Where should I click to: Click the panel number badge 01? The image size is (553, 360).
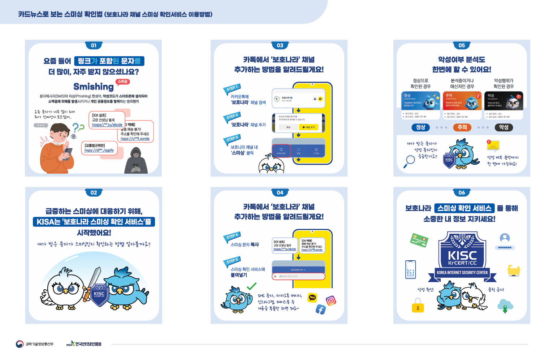pyautogui.click(x=94, y=45)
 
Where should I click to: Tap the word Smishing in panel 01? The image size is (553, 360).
pyautogui.click(x=93, y=87)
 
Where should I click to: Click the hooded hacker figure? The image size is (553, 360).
pyautogui.click(x=136, y=161)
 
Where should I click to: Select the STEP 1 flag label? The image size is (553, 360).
pyautogui.click(x=232, y=88)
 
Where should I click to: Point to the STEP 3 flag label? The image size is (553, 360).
pyautogui.click(x=232, y=139)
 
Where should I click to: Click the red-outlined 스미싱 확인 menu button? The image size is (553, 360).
pyautogui.click(x=281, y=151)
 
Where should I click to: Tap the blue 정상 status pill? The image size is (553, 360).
pyautogui.click(x=420, y=127)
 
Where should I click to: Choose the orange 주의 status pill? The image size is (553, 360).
pyautogui.click(x=462, y=127)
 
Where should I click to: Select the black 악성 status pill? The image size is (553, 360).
pyautogui.click(x=504, y=127)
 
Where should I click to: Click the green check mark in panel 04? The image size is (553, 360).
pyautogui.click(x=251, y=286)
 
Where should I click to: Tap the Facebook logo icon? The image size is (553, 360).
pyautogui.click(x=320, y=309)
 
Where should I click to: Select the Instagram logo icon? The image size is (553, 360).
pyautogui.click(x=331, y=300)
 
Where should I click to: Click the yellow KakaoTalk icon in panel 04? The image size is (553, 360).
pyautogui.click(x=312, y=297)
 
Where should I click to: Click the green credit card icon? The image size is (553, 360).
pyautogui.click(x=419, y=240)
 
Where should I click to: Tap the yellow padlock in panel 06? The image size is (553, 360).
pyautogui.click(x=418, y=305)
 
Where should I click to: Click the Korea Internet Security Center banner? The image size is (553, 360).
pyautogui.click(x=462, y=273)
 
